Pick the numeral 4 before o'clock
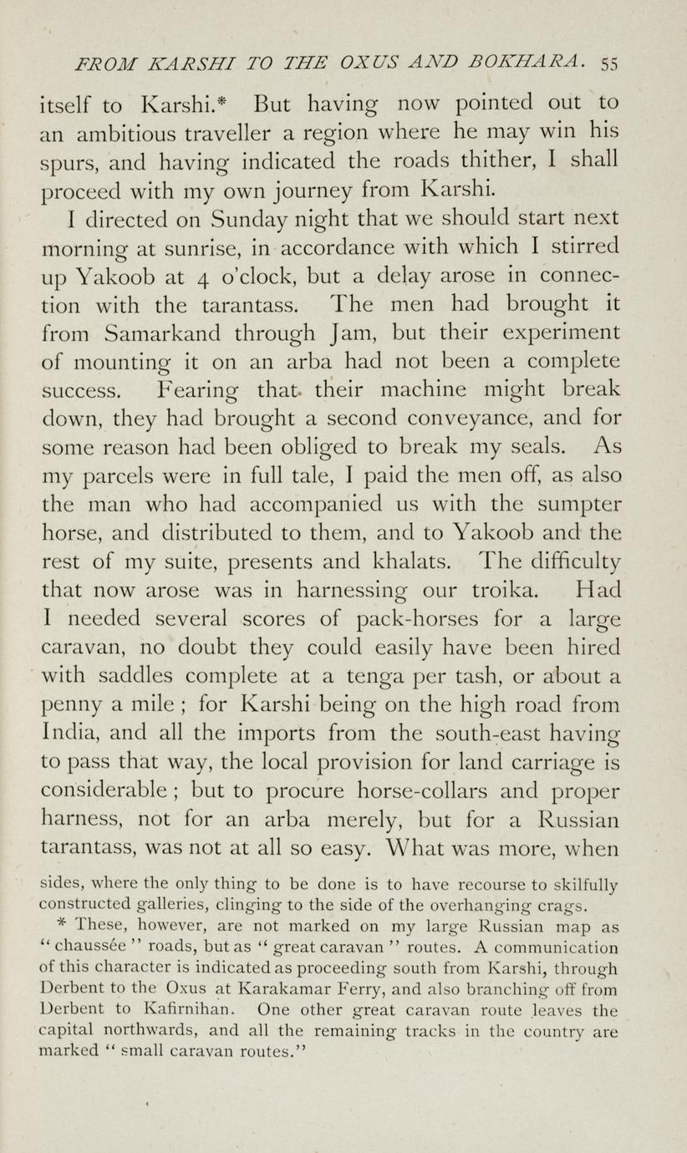point(206,277)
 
